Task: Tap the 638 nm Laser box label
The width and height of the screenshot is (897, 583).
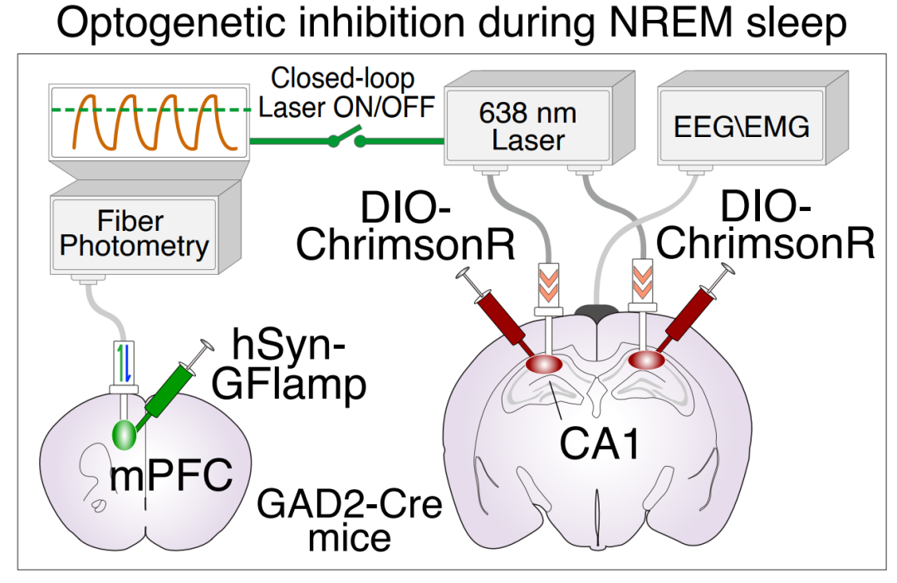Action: click(528, 127)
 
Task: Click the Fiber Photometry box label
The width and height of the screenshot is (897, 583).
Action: click(134, 234)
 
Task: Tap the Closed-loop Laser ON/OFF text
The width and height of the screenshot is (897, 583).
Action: click(344, 95)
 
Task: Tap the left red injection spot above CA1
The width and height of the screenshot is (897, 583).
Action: click(547, 363)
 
